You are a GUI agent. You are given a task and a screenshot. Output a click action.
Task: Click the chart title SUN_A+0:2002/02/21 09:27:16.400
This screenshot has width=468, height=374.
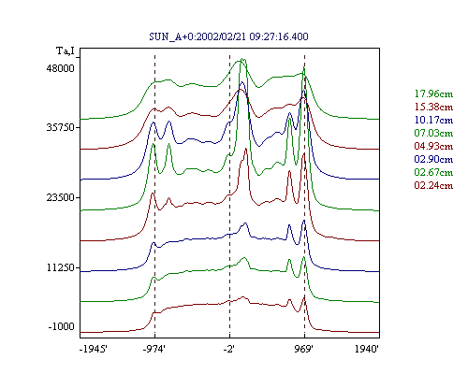[x=228, y=36]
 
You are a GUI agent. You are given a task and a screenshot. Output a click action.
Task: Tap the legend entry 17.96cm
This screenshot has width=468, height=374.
[x=433, y=93]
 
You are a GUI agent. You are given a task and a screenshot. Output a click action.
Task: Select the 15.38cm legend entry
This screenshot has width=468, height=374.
[x=433, y=107]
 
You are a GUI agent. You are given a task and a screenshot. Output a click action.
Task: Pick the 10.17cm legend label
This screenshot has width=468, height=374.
[x=433, y=120]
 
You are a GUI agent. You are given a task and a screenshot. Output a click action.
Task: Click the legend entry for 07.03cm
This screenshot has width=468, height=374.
[x=433, y=133]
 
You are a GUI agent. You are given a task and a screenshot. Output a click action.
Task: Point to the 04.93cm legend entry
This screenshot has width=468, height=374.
[x=433, y=146]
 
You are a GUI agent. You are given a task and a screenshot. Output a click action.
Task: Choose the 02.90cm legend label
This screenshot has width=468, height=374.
[x=433, y=159]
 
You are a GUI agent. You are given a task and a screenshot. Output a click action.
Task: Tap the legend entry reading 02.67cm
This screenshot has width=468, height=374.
[x=433, y=172]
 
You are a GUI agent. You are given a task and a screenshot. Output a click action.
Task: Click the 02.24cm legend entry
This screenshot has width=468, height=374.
[x=433, y=185]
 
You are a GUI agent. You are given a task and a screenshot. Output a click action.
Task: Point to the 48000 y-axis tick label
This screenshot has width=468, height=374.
[x=61, y=68]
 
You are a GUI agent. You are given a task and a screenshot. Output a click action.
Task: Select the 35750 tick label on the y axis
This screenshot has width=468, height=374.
[x=61, y=127]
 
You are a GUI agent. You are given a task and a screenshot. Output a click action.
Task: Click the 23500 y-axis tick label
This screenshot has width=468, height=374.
[x=61, y=197]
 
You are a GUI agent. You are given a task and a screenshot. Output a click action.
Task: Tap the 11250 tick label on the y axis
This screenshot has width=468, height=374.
[x=61, y=267]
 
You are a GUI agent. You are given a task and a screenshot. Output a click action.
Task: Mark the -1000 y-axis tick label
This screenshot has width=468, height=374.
[x=62, y=326]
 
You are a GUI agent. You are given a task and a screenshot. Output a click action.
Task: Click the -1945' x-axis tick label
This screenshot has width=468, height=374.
[x=94, y=349]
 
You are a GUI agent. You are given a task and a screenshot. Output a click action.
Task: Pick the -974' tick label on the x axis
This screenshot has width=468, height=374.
[x=154, y=349]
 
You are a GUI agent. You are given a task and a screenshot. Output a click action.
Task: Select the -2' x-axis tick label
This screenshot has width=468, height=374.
[x=228, y=349]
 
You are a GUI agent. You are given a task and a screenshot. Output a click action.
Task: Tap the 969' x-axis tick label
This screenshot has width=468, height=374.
[x=303, y=349]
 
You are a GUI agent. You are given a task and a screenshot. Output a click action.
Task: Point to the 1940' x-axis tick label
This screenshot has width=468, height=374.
[x=367, y=349]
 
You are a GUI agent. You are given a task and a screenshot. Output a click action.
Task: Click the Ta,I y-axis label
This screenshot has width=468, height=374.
[x=66, y=50]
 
